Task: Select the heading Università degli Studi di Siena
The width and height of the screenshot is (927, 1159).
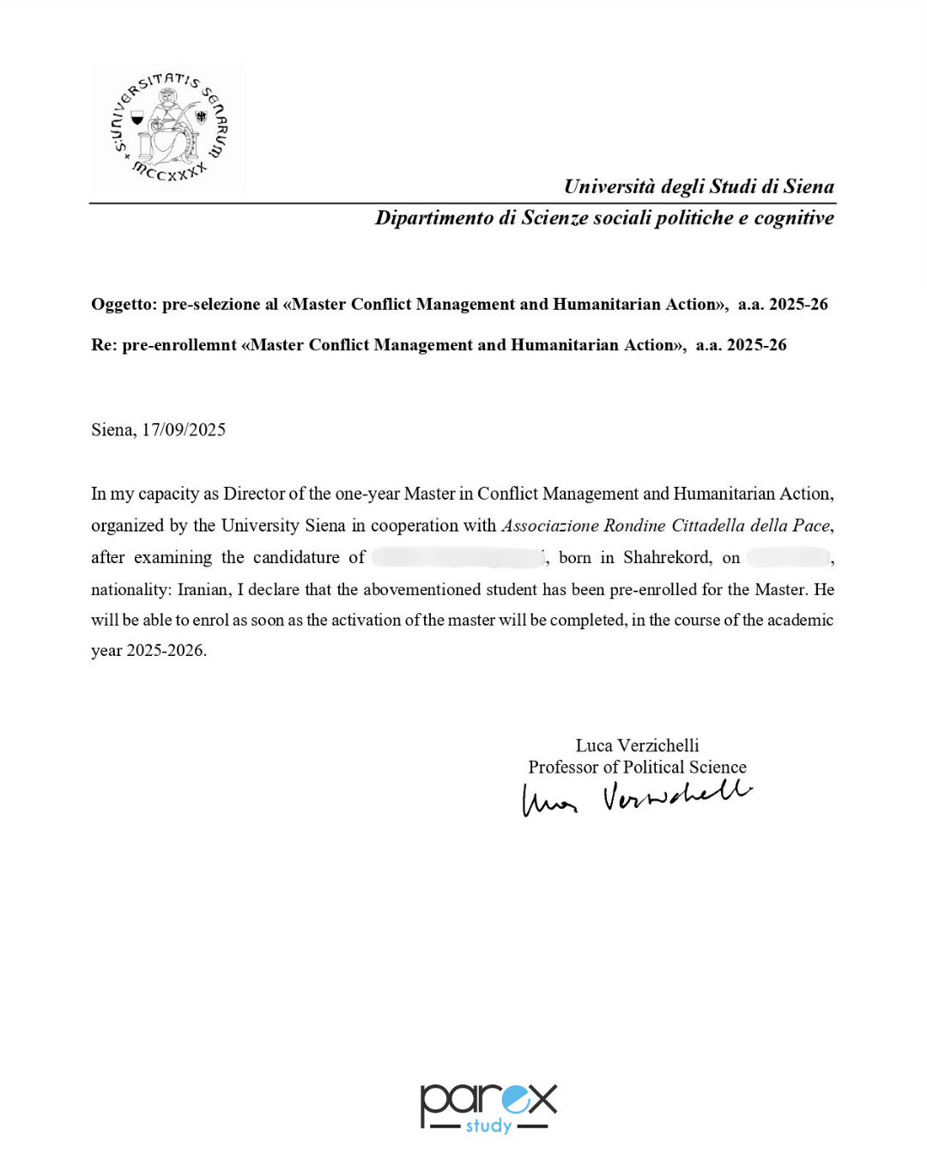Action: click(x=699, y=186)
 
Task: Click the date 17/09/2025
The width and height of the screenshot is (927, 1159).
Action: click(x=184, y=430)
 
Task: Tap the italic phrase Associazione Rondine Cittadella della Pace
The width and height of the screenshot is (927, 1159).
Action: click(x=665, y=525)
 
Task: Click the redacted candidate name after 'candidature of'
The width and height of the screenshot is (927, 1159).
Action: click(x=458, y=557)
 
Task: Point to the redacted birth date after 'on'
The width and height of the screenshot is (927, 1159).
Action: click(x=788, y=557)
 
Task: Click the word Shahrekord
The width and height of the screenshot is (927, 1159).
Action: click(x=667, y=557)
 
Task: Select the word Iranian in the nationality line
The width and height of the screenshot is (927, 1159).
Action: click(x=203, y=590)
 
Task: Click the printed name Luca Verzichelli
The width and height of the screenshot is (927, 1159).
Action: click(x=637, y=745)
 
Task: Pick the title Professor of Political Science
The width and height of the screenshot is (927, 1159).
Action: click(x=637, y=768)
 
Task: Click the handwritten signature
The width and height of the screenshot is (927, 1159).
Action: click(x=636, y=798)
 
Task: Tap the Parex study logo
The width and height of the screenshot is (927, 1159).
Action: click(x=488, y=1107)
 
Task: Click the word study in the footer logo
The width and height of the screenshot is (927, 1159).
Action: click(x=488, y=1126)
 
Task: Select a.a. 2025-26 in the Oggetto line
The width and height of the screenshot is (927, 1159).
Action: click(x=783, y=305)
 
